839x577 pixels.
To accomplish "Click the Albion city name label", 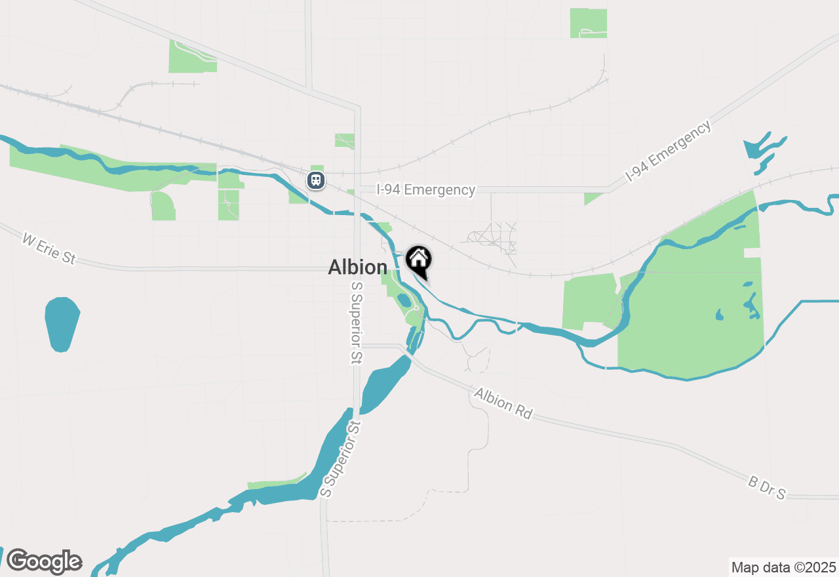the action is [x=357, y=267].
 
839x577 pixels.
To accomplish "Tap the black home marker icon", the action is [x=418, y=260].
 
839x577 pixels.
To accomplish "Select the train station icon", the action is [x=316, y=180].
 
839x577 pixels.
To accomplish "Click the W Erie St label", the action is [x=49, y=250].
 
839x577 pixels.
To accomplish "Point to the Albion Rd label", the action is [x=503, y=403].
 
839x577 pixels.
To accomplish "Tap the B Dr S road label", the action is [x=766, y=488].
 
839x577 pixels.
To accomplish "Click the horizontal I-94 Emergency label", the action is [x=425, y=189].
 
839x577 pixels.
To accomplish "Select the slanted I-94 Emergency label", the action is [x=668, y=151].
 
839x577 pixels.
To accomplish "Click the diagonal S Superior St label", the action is [x=341, y=459].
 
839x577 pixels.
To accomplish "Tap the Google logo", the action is [x=44, y=561].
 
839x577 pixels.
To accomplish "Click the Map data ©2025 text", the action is [x=783, y=567].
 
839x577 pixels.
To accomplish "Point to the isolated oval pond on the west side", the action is [x=62, y=324].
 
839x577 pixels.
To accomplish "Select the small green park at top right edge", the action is [x=588, y=23].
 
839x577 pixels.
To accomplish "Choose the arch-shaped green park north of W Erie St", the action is [x=163, y=207].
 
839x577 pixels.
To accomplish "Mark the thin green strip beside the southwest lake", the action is [x=275, y=484].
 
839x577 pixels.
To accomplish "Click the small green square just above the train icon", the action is [x=317, y=168].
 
